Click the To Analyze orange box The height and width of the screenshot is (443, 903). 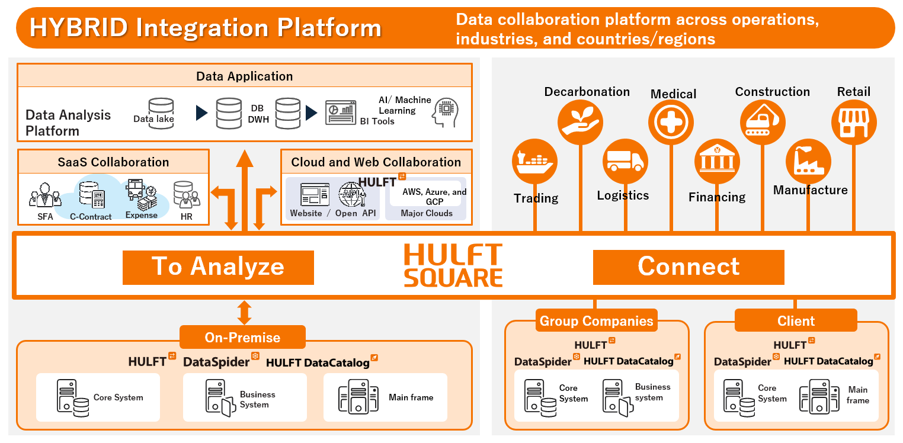(218, 267)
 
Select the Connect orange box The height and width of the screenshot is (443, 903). (689, 267)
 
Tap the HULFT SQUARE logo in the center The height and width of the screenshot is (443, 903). (453, 266)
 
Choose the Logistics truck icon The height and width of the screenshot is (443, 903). (625, 161)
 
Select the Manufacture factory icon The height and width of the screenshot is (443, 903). (808, 161)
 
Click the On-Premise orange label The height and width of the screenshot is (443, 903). (242, 338)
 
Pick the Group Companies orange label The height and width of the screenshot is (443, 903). (596, 321)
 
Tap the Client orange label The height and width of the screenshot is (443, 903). (796, 321)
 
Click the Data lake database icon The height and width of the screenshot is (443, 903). (161, 113)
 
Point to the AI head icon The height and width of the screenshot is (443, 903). (445, 113)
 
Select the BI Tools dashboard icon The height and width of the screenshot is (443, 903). (341, 113)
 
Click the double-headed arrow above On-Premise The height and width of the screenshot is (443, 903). (244, 312)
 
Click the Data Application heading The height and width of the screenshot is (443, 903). (244, 76)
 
